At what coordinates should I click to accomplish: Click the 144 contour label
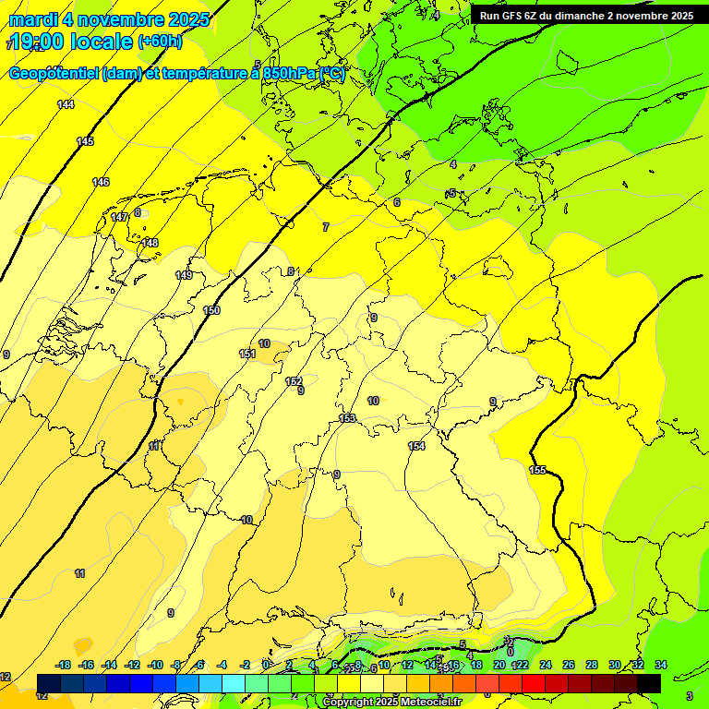(x=66, y=104)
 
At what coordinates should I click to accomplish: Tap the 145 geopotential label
(x=85, y=141)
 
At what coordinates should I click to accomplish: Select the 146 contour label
(x=101, y=182)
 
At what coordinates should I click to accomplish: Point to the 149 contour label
(x=184, y=275)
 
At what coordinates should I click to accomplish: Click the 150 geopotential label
(x=211, y=310)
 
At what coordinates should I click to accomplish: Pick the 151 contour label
(x=247, y=354)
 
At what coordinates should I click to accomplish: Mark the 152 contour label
(x=294, y=381)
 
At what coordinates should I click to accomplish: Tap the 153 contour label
(x=347, y=418)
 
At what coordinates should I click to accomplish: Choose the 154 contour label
(x=416, y=446)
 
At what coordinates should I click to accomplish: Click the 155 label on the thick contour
(x=537, y=470)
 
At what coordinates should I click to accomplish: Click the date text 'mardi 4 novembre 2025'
(x=109, y=19)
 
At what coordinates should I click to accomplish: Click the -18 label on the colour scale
(x=63, y=665)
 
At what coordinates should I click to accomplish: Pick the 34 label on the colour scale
(x=660, y=665)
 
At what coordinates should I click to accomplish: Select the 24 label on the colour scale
(x=545, y=665)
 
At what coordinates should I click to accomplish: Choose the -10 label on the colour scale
(x=155, y=665)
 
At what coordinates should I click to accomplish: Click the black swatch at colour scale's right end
(x=648, y=682)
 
